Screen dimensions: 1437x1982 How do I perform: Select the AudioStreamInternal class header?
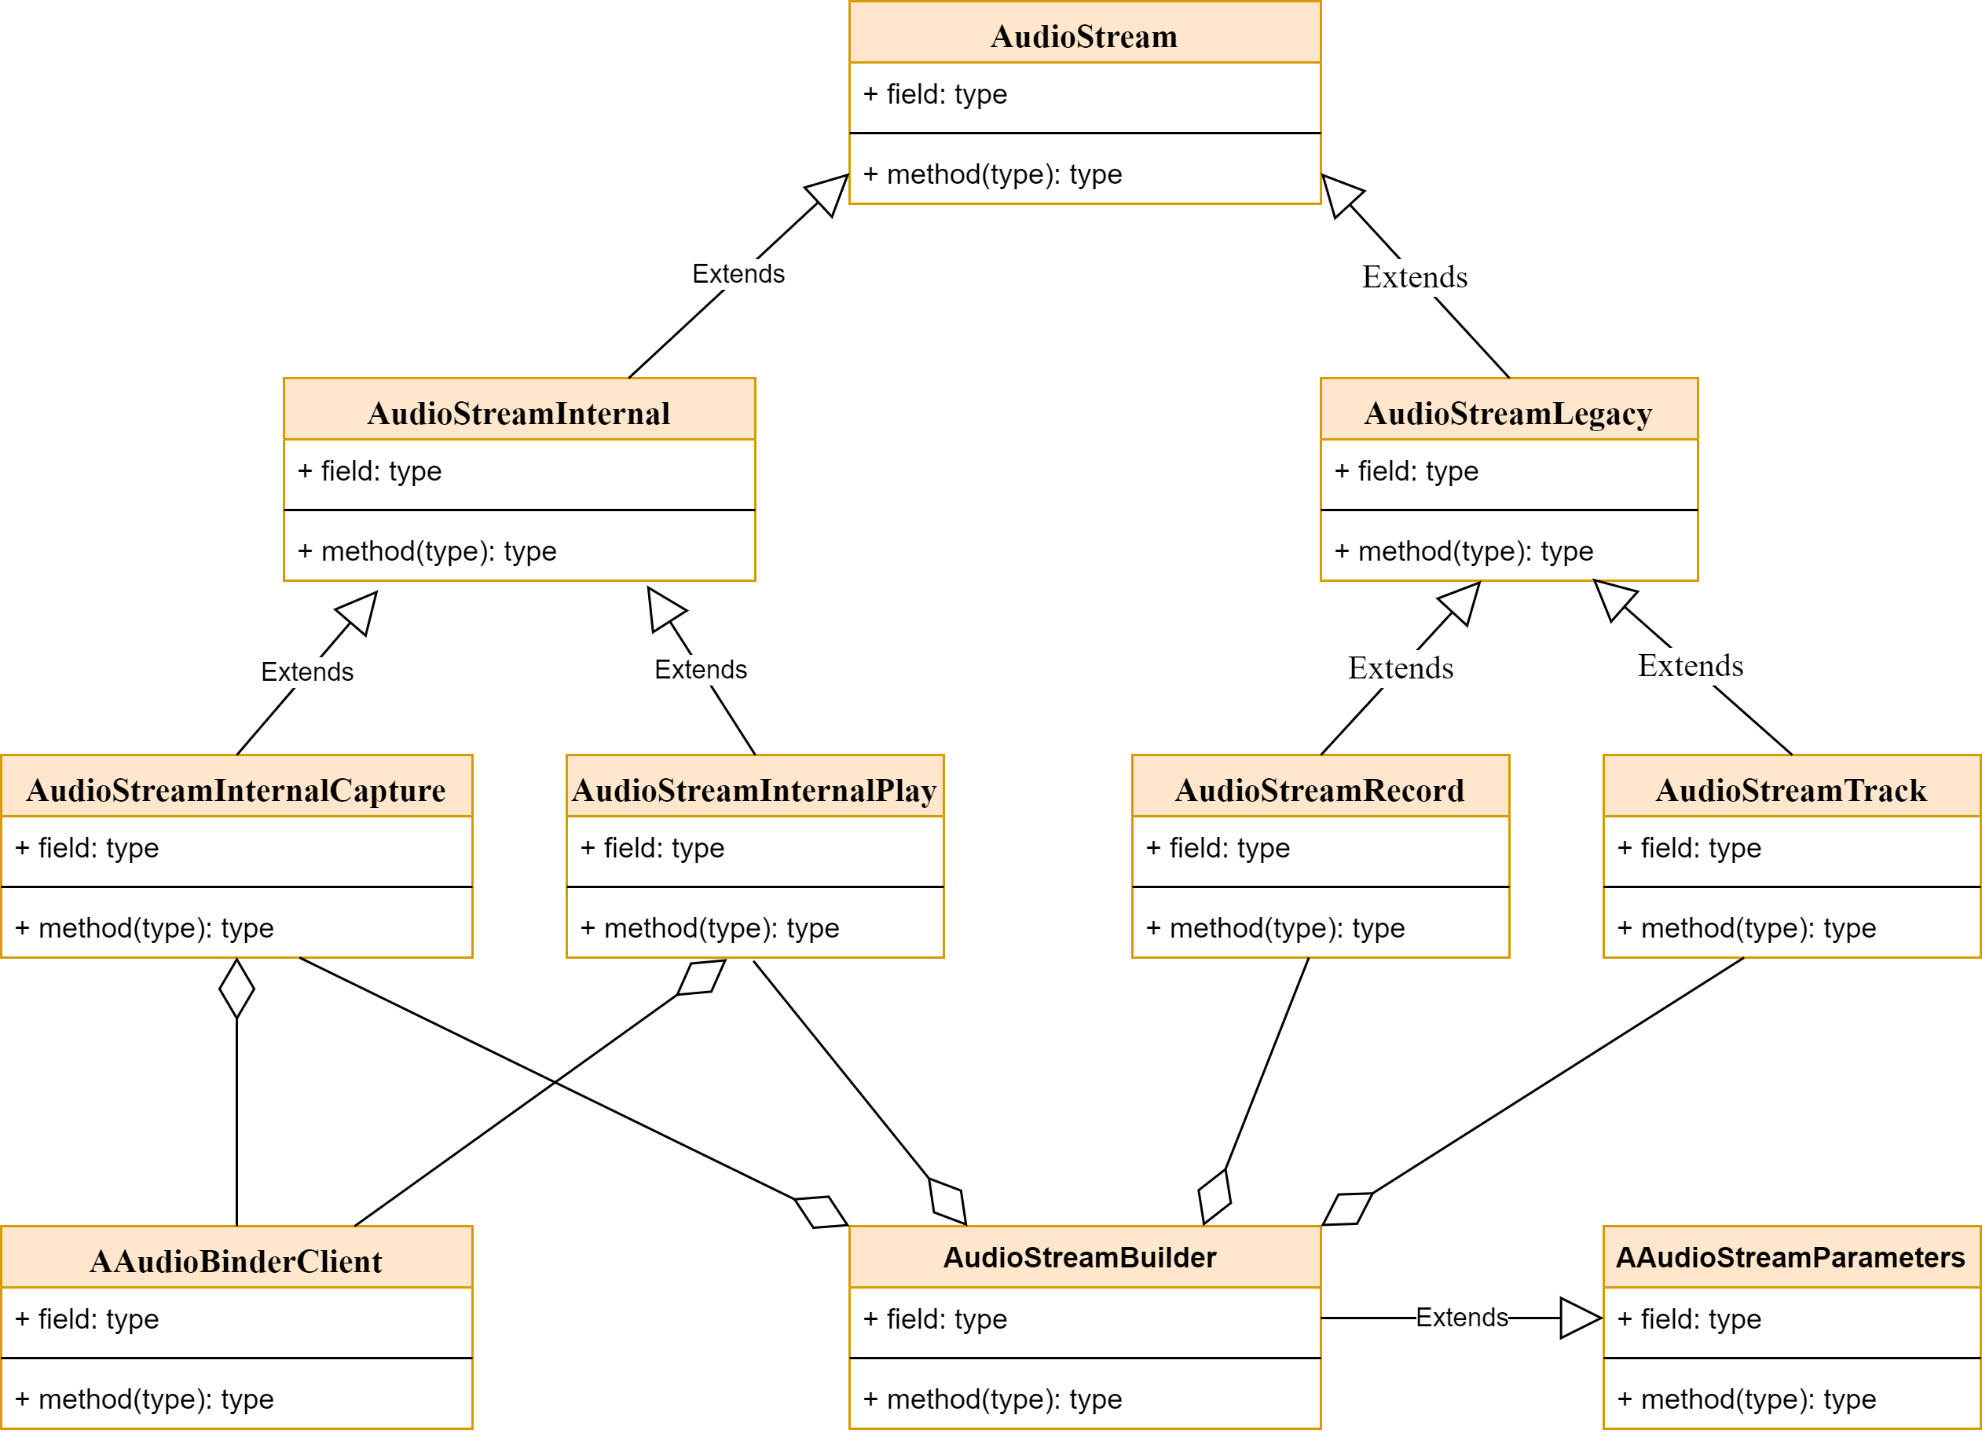coord(519,413)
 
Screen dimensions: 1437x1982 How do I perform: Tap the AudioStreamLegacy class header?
coord(1508,413)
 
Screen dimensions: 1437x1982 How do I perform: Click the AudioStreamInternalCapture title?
coord(236,790)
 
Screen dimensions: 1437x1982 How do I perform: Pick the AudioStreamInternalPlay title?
coord(754,790)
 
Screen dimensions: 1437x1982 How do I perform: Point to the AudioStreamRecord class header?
coord(1320,790)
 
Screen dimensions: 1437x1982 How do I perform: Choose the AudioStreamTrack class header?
coord(1790,790)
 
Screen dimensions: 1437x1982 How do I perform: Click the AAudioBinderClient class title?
coord(236,1260)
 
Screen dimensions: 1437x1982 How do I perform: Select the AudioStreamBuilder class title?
coord(1080,1257)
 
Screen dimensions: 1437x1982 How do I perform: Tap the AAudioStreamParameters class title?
coord(1790,1257)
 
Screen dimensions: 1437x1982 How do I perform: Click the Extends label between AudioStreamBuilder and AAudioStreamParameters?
coord(1462,1318)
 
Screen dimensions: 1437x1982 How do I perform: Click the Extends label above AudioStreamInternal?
coord(738,274)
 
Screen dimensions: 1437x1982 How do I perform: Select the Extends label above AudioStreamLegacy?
coord(1415,278)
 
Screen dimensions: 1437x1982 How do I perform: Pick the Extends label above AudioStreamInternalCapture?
coord(308,671)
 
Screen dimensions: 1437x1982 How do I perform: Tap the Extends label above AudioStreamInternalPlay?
coord(701,670)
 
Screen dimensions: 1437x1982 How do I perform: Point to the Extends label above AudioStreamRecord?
coord(1401,668)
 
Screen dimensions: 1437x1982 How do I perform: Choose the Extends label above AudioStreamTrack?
coord(1690,667)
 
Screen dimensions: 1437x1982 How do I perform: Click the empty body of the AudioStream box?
coord(1085,133)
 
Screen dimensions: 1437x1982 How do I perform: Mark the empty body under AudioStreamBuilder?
coord(1085,1358)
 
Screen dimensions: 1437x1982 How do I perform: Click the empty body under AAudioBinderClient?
coord(236,1358)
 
